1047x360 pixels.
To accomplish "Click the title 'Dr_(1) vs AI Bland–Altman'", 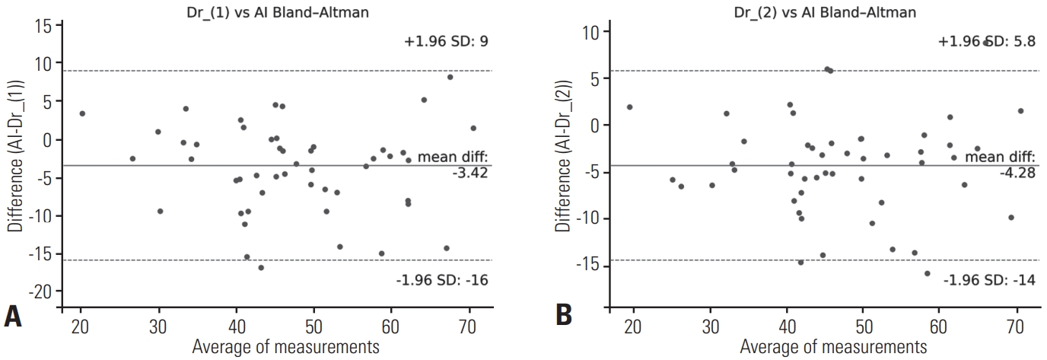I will click(x=278, y=12).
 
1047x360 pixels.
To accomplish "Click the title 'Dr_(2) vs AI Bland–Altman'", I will click(x=824, y=12).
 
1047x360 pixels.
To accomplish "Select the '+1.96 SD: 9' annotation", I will click(x=446, y=42).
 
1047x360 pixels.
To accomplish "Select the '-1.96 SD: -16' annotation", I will click(x=442, y=279).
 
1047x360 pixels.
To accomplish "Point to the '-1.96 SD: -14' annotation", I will click(x=989, y=279).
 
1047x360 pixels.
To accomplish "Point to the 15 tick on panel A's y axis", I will click(x=44, y=27).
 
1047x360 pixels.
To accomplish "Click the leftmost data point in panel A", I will click(x=82, y=113).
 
